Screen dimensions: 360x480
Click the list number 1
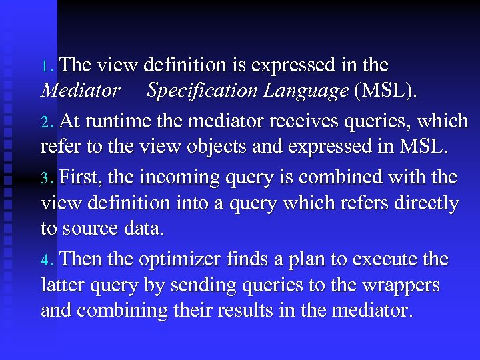click(x=45, y=67)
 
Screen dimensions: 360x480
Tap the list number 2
click(x=45, y=123)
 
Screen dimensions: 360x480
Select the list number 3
click(x=45, y=179)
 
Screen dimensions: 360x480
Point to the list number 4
click(x=45, y=260)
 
